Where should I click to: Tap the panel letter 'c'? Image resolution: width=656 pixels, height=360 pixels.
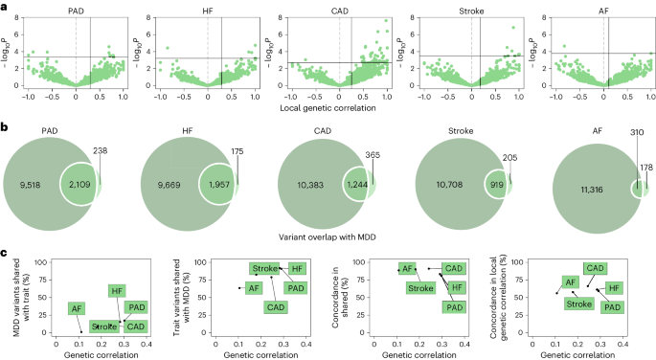[x=5, y=252]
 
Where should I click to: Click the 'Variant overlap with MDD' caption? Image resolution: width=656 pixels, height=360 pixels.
[x=328, y=234]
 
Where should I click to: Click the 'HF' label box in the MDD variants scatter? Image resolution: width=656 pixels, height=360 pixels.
[x=117, y=290]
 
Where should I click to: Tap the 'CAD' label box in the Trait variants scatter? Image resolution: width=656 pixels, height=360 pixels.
[x=275, y=306]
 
